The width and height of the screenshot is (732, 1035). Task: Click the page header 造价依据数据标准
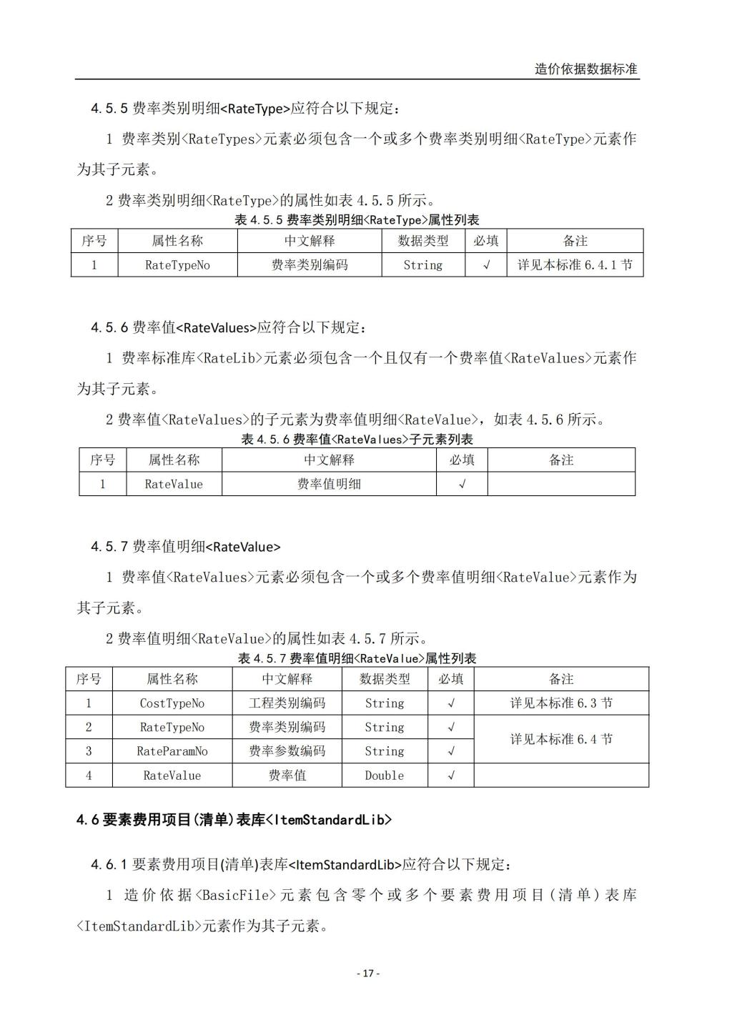585,69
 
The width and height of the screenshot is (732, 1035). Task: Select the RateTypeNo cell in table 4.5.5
177,265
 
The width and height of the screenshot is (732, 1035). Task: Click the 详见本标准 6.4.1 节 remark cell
575,265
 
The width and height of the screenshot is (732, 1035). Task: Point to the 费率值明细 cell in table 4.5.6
329,484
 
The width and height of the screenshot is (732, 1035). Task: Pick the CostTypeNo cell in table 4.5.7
172,703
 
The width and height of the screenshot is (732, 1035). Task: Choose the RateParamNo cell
172,751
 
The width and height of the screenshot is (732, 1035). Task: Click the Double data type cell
384,776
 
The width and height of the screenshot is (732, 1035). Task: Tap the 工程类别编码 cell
287,703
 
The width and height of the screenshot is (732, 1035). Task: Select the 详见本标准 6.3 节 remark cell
561,703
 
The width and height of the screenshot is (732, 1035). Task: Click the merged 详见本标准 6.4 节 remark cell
561,739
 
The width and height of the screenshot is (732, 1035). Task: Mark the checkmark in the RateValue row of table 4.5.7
451,776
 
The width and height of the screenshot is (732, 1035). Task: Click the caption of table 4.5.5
357,220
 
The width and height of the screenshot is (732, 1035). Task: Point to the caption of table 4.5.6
357,439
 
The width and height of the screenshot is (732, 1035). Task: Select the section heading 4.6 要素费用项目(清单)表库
234,820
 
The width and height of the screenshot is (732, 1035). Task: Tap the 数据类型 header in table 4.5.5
423,241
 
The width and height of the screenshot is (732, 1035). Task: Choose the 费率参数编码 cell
287,751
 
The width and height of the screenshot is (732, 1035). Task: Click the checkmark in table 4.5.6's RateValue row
462,484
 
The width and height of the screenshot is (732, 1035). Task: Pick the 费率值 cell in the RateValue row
287,776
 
